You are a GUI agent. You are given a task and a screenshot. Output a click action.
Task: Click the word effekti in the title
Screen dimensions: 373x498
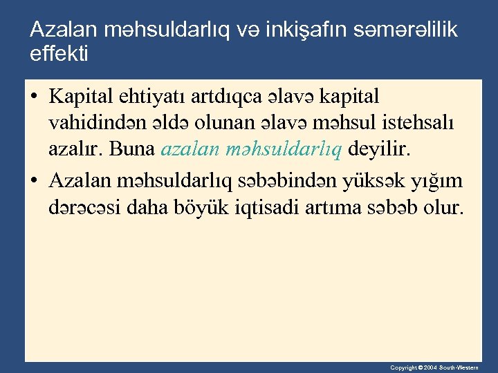point(59,52)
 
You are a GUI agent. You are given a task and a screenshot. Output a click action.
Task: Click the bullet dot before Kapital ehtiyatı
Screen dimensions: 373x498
point(35,96)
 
